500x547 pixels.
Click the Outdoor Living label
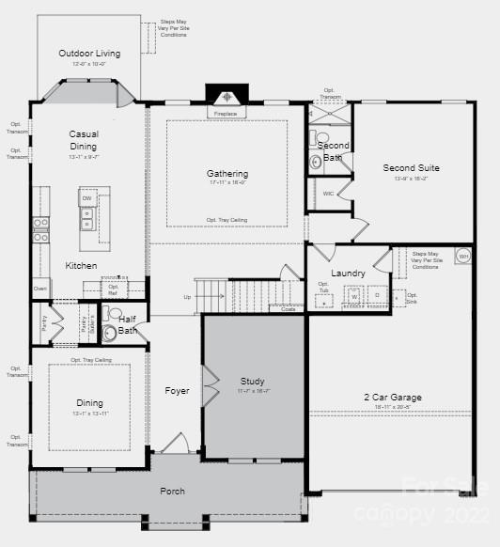point(89,54)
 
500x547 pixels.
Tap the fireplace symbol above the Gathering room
point(227,98)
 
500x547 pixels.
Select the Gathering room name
point(227,174)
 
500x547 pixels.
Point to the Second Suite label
point(411,168)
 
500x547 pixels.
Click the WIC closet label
point(327,194)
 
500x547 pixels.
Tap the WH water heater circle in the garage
point(462,256)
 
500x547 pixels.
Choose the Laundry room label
point(348,273)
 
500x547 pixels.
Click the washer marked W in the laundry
point(354,296)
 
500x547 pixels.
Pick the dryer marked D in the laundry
point(378,295)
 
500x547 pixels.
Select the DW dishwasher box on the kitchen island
point(86,199)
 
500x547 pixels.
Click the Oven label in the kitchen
point(39,289)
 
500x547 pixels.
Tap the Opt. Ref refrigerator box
point(113,289)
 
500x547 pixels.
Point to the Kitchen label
point(81,266)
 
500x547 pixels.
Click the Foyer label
point(177,391)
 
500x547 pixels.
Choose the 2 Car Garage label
point(392,398)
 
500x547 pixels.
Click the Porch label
point(172,491)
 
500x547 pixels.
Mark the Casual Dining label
point(84,140)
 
